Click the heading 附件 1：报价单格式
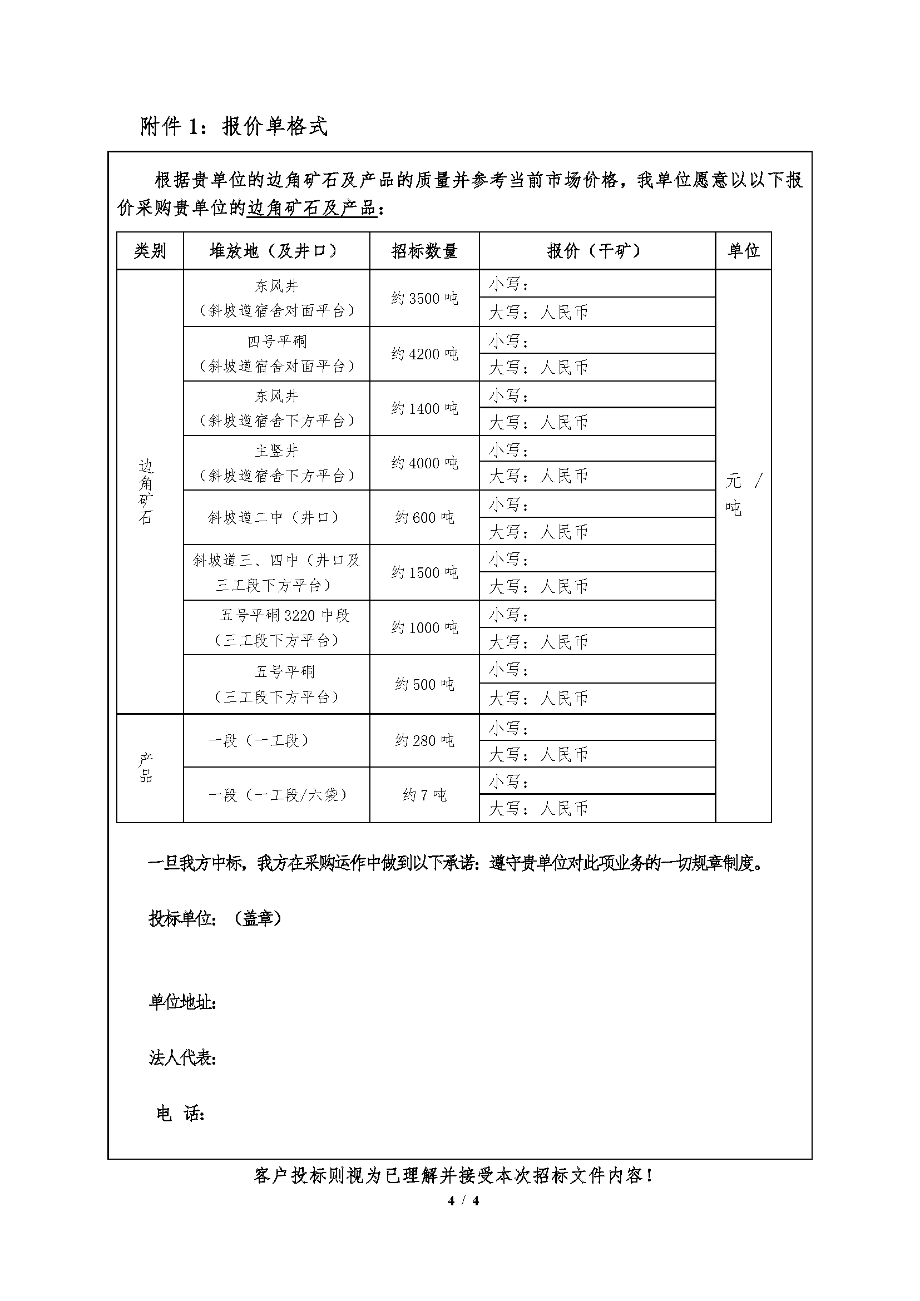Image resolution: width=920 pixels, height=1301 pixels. (x=234, y=126)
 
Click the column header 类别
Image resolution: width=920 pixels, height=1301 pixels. (x=150, y=250)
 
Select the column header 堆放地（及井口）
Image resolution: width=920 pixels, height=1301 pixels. (x=276, y=250)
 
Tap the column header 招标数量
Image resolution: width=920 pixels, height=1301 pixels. (x=424, y=250)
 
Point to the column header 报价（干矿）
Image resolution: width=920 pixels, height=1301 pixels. (x=596, y=250)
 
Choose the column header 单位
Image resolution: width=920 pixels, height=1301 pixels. (x=743, y=250)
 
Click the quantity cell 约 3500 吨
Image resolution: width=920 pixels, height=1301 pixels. (x=424, y=298)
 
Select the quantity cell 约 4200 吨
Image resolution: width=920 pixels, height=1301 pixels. (x=424, y=354)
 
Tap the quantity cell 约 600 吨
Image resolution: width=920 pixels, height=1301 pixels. (x=424, y=517)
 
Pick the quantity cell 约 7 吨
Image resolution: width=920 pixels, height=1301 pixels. (x=424, y=795)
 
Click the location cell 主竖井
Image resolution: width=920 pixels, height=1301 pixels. (x=276, y=451)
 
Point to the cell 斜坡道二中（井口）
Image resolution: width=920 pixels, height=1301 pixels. (x=276, y=517)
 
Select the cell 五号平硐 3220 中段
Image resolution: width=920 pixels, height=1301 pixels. (x=285, y=615)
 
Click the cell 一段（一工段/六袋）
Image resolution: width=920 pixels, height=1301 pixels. (x=276, y=795)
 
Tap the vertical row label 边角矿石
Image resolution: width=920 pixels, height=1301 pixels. (x=146, y=492)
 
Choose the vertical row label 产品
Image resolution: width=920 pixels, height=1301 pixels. (x=146, y=768)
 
